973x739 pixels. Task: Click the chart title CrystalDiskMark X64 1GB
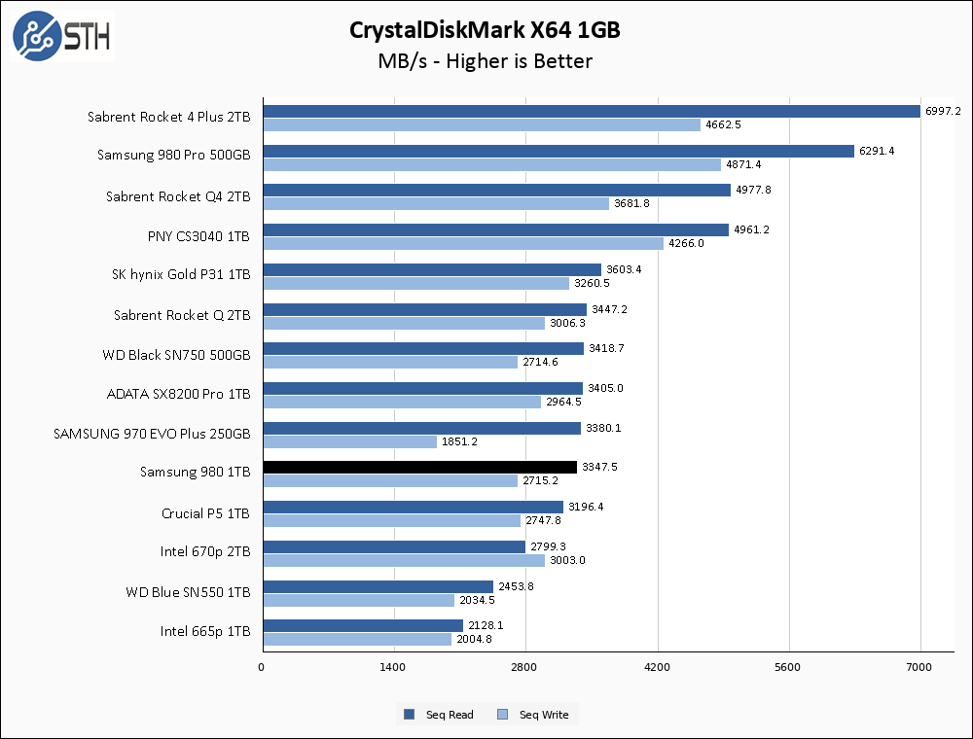click(x=486, y=30)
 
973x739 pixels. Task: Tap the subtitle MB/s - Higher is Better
click(x=486, y=61)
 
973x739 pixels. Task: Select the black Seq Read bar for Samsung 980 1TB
click(x=419, y=468)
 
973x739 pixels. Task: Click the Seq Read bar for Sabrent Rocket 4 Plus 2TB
click(x=591, y=111)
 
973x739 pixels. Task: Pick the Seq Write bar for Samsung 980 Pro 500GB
click(x=491, y=164)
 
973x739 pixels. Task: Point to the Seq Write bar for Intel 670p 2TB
click(x=403, y=560)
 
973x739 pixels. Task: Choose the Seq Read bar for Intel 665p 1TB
click(x=362, y=625)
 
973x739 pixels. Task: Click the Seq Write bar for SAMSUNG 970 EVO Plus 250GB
click(x=349, y=441)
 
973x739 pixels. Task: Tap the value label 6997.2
click(x=944, y=111)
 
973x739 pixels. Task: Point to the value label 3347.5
click(x=598, y=468)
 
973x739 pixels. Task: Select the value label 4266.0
click(x=685, y=244)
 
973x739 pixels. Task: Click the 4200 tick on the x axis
click(x=658, y=667)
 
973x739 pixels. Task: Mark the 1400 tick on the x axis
click(x=394, y=667)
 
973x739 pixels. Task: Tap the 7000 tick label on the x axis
click(x=919, y=667)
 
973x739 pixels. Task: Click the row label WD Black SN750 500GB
click(x=176, y=355)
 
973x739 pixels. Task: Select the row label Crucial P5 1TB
click(x=205, y=513)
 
